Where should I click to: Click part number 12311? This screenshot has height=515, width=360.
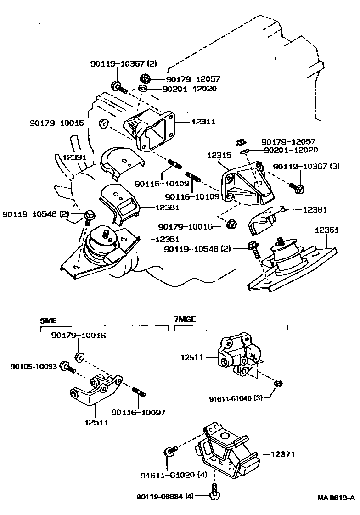coord(203,122)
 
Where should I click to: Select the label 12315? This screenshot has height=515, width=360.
coord(219,155)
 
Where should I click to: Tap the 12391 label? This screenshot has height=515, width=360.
coord(74,157)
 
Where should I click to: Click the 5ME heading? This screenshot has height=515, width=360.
coord(48,320)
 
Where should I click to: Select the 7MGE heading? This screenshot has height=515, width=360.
coord(185,319)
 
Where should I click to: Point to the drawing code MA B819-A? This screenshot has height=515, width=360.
coord(336,498)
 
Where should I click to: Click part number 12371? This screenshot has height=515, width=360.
coord(283,454)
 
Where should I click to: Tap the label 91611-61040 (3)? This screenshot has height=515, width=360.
coord(236,399)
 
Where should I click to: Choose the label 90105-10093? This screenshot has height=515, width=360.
coord(34,366)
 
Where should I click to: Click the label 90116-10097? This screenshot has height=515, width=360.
coord(138,413)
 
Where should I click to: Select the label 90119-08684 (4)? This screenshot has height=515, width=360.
coord(165,497)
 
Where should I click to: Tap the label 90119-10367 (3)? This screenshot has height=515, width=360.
coord(306,166)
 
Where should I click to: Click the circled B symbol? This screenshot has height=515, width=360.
coord(278,383)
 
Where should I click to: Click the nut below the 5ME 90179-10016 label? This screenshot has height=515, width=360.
coord(80,356)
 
